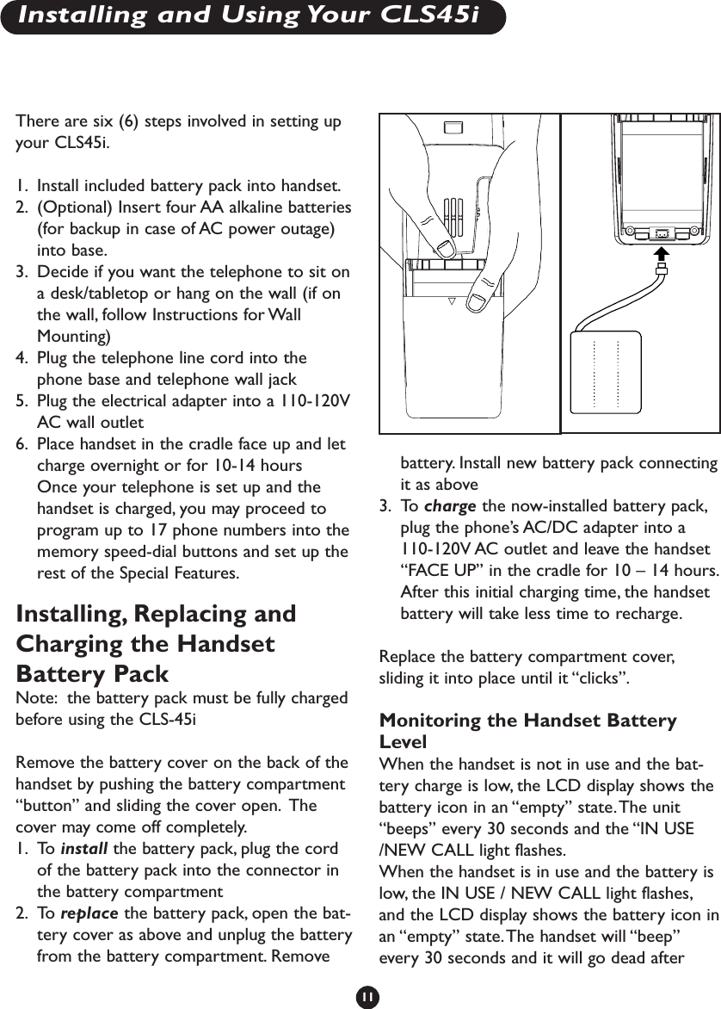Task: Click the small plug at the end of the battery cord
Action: [661, 270]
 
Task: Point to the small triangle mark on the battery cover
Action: [450, 302]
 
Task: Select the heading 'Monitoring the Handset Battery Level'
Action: [527, 729]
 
